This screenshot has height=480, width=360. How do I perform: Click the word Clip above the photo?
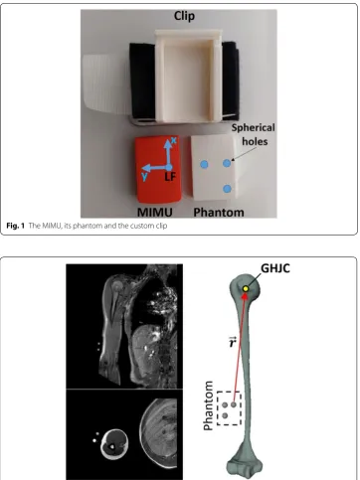pyautogui.click(x=184, y=16)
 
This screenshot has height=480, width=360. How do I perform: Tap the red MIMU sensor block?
pyautogui.click(x=158, y=169)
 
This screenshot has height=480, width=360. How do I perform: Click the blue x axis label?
pyautogui.click(x=174, y=141)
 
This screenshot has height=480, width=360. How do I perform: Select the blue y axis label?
pyautogui.click(x=144, y=176)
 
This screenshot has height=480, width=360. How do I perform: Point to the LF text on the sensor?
pyautogui.click(x=170, y=177)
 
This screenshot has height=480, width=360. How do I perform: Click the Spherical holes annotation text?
pyautogui.click(x=254, y=134)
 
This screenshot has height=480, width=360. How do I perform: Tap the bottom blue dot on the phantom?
pyautogui.click(x=227, y=189)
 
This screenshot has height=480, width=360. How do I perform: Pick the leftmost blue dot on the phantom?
pyautogui.click(x=205, y=164)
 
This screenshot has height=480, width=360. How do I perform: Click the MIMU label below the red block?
pyautogui.click(x=155, y=212)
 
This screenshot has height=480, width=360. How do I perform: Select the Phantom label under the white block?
pyautogui.click(x=219, y=212)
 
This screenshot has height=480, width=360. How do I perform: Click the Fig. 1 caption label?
pyautogui.click(x=16, y=226)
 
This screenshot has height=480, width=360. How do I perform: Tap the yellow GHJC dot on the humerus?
pyautogui.click(x=246, y=289)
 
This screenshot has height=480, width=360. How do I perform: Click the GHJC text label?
pyautogui.click(x=275, y=268)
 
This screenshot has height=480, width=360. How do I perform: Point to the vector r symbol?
pyautogui.click(x=232, y=342)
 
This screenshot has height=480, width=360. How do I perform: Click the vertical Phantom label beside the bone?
pyautogui.click(x=208, y=405)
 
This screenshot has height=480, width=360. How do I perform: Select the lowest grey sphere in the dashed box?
pyautogui.click(x=225, y=415)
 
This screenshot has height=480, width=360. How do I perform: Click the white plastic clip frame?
pyautogui.click(x=188, y=76)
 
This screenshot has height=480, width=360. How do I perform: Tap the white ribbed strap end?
pyautogui.click(x=106, y=85)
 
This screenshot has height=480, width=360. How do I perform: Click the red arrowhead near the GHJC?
pyautogui.click(x=245, y=296)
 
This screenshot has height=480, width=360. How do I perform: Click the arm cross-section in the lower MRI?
pyautogui.click(x=113, y=444)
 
